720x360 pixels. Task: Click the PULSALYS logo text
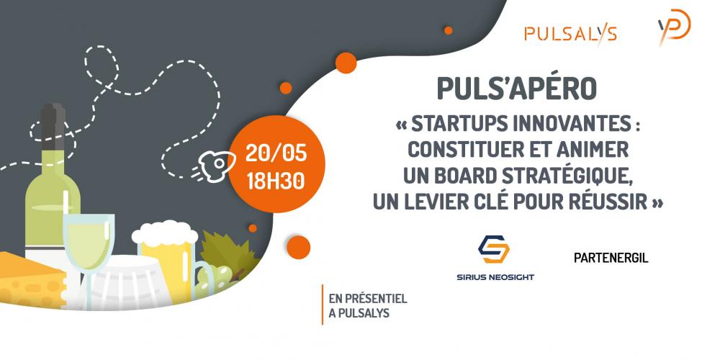point(570,34)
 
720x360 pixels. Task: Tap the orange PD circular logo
point(675,27)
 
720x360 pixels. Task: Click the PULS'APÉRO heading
point(516,89)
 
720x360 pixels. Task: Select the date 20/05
point(276,153)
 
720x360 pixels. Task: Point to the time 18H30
point(276,181)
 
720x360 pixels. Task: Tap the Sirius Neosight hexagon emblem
point(494,249)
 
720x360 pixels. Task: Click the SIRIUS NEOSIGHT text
point(495,277)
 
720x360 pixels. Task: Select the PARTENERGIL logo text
point(611,258)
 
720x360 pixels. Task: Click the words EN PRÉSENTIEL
point(368,299)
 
